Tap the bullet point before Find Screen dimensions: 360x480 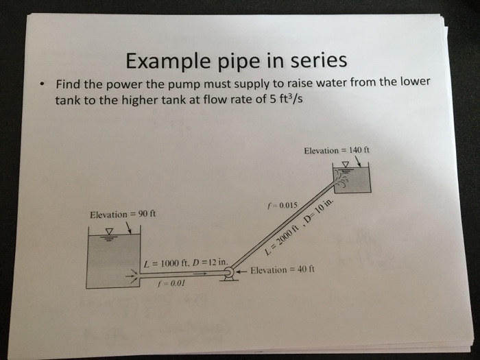43,85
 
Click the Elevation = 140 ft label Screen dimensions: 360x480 336,150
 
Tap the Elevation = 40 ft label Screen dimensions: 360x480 282,270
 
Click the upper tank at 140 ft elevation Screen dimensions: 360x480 352,179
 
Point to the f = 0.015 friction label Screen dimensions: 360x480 283,205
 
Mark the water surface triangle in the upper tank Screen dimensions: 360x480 346,164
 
